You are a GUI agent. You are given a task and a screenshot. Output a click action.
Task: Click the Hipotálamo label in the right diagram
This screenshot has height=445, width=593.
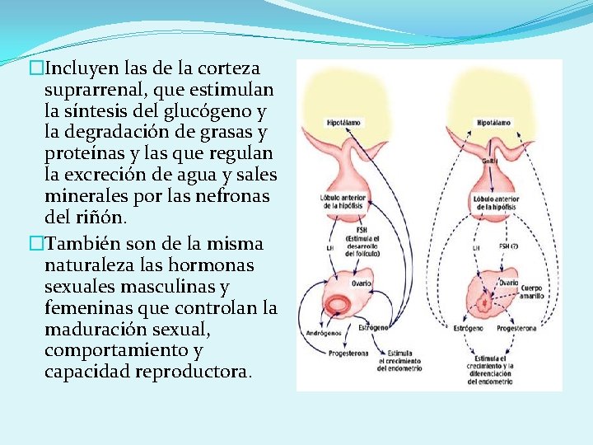[494, 123]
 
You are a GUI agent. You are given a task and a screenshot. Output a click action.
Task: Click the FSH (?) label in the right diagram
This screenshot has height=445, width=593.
[510, 247]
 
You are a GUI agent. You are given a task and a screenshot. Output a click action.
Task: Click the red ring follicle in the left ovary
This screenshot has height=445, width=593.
[338, 306]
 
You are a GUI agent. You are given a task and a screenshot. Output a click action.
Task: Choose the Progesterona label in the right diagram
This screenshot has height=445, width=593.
[516, 328]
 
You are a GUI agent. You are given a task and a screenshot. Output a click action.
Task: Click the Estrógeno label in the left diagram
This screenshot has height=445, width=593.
[373, 328]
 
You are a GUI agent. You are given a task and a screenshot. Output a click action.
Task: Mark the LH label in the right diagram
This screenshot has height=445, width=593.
[475, 247]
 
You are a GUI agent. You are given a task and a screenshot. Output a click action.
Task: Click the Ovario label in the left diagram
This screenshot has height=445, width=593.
[361, 283]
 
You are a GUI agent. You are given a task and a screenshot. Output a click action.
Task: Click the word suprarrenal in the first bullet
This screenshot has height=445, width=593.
[93, 89]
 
